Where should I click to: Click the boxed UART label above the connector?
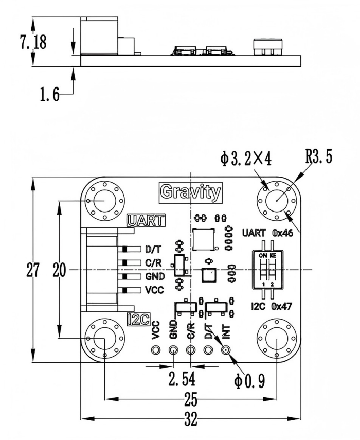point(146,221)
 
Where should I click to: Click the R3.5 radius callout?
point(319,156)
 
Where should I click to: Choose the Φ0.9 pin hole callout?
point(249,381)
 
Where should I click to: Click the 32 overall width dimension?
point(191,420)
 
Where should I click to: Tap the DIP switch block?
point(270,270)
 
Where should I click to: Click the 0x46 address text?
point(282,233)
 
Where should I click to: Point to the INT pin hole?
point(225,351)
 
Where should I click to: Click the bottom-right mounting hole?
point(277,339)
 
